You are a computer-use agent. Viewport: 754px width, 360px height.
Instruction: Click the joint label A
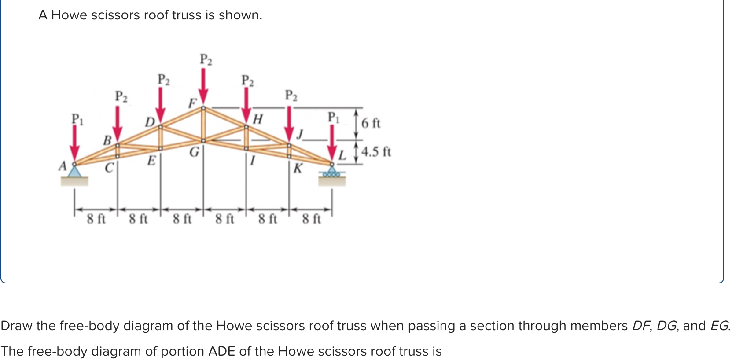[63, 166]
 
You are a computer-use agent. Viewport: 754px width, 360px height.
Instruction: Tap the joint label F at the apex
[192, 103]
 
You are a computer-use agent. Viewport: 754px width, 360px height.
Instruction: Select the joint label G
[194, 152]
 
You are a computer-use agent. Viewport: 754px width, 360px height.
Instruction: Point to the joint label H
[258, 119]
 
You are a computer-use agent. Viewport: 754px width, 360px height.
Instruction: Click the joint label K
[298, 168]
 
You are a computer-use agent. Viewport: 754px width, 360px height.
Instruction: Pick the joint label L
[342, 155]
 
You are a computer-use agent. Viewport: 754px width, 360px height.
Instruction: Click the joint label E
[151, 161]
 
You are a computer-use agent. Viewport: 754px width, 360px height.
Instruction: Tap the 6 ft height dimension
[371, 123]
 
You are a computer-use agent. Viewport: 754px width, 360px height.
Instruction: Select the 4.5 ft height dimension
[376, 152]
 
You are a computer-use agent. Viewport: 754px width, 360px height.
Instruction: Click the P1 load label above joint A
[77, 119]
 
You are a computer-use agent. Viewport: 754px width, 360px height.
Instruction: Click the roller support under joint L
[332, 173]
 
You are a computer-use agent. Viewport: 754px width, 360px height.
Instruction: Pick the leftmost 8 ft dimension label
[96, 218]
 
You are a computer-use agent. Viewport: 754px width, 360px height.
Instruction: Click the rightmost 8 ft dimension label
[311, 218]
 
